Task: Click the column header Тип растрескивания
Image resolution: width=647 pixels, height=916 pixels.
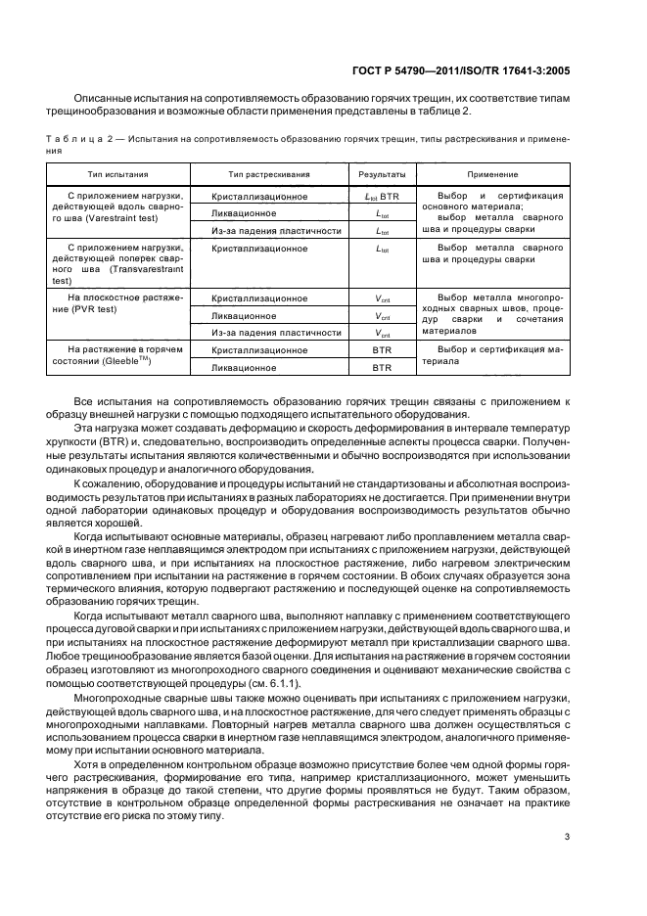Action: [268, 174]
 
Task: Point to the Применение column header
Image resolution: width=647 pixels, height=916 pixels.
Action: [492, 174]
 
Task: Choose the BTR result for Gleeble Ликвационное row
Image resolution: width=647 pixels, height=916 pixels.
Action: [382, 368]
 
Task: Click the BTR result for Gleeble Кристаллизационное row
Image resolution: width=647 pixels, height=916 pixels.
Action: [382, 350]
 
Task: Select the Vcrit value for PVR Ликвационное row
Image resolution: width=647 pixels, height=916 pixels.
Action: [382, 316]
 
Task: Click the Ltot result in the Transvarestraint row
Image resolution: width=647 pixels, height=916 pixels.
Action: [382, 250]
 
